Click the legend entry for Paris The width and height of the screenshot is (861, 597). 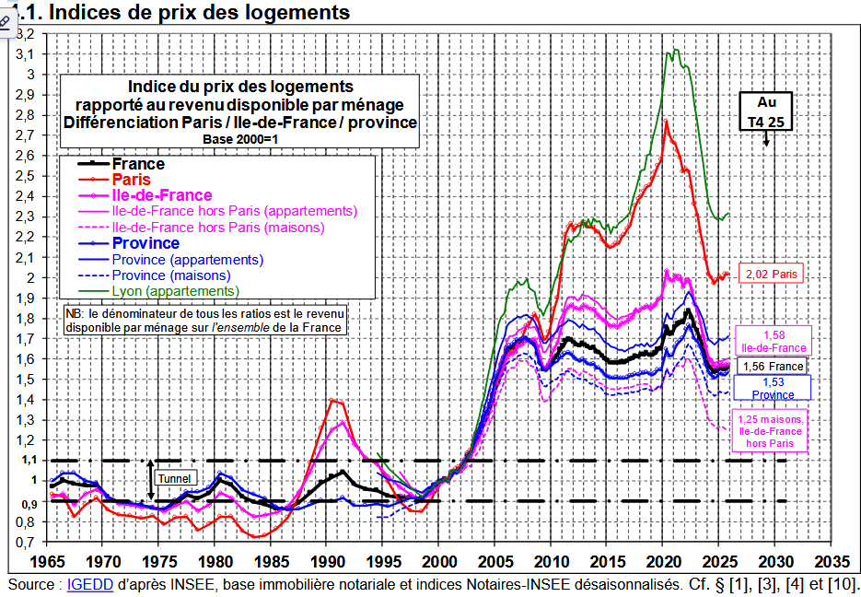[x=131, y=180]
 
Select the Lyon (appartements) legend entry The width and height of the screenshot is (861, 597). [x=175, y=291]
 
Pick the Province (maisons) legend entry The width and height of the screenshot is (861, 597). [x=171, y=275]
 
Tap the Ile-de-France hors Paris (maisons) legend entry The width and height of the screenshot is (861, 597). [x=217, y=227]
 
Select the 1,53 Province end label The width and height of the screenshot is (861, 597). [x=773, y=388]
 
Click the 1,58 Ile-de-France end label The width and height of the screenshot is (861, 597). [x=774, y=341]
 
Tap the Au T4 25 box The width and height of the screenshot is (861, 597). [x=766, y=112]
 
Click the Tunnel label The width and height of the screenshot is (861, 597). [x=174, y=479]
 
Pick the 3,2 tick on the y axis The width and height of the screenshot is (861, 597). [x=26, y=33]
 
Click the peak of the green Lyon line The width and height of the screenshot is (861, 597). [x=676, y=50]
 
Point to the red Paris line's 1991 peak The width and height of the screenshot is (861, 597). [x=332, y=400]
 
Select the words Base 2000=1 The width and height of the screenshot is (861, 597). [x=239, y=138]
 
